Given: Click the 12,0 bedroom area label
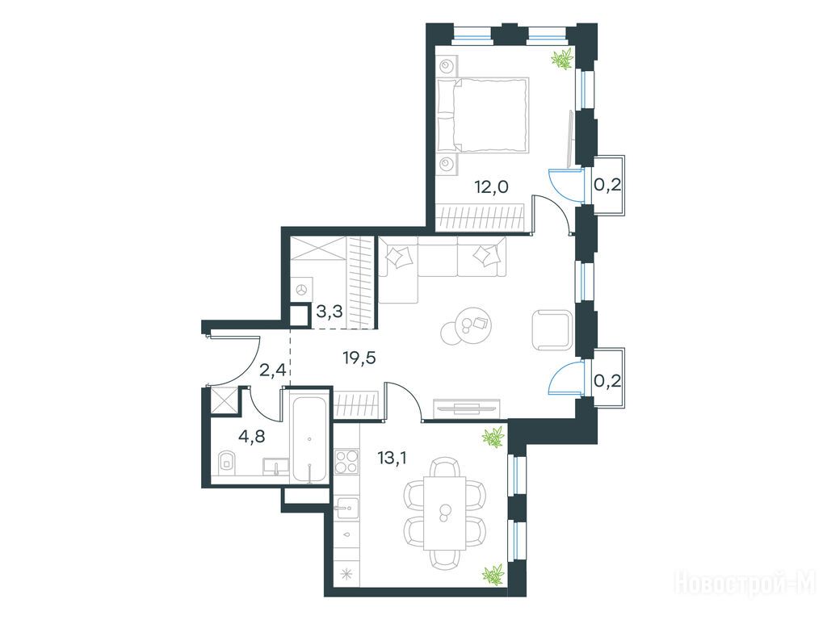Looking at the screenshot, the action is (491, 186).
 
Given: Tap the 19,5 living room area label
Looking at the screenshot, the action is (359, 358).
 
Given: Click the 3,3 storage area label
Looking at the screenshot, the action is (330, 312).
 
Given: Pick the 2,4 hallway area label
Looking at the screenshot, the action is (273, 370).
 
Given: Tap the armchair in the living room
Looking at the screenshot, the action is (552, 330).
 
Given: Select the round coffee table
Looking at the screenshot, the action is (467, 326).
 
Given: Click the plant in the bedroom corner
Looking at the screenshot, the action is (562, 58).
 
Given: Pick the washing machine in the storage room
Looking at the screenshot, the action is (301, 290).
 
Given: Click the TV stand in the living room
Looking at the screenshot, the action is (466, 408).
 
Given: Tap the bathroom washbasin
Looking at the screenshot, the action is (276, 466).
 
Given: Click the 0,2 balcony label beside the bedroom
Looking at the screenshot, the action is (607, 185).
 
